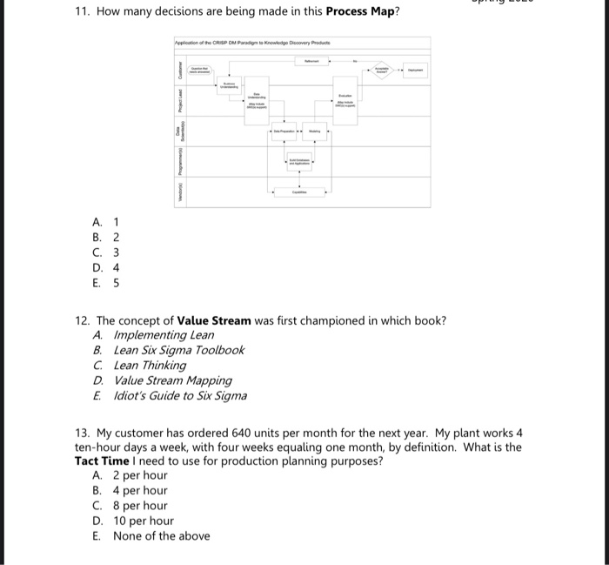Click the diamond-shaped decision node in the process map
[380, 70]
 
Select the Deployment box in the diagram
[415, 70]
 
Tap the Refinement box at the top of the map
[310, 62]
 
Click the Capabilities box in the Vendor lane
[298, 192]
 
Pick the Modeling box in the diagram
[314, 131]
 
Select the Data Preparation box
[284, 131]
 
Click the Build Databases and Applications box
[299, 161]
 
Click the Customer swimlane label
[181, 67]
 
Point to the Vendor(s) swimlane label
[181, 192]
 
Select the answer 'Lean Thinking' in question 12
[150, 365]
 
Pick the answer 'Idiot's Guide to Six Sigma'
[180, 395]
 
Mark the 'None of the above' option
[161, 536]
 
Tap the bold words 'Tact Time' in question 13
[104, 461]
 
